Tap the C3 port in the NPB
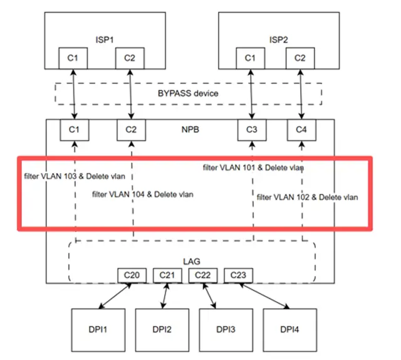click(251, 130)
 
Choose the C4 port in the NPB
click(302, 130)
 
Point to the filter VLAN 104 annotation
click(142, 194)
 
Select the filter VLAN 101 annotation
click(254, 167)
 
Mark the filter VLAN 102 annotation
click(308, 197)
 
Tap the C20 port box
click(131, 275)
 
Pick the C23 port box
click(236, 275)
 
